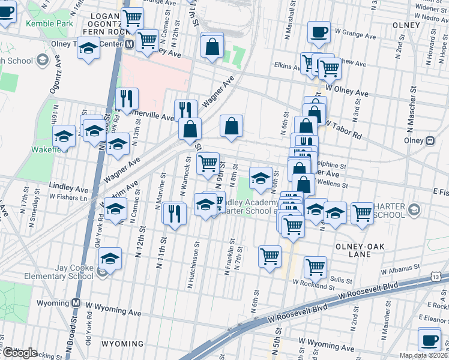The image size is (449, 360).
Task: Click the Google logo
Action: (x=20, y=353)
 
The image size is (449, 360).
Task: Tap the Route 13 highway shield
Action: (x=435, y=274)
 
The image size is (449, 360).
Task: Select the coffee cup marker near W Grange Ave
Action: (x=319, y=32)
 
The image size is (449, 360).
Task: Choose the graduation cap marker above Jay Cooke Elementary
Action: (x=110, y=258)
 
